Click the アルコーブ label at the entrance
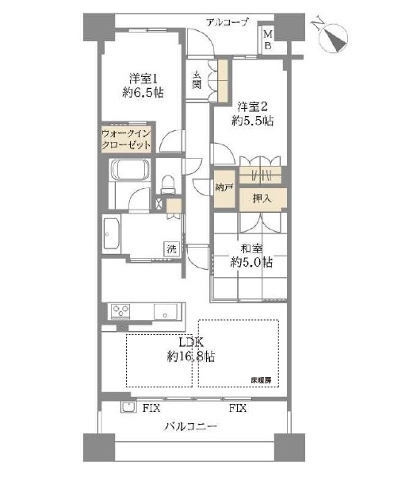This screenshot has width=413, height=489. (x=227, y=22)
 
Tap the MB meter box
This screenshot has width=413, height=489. (x=268, y=39)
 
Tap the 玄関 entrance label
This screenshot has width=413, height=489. (x=196, y=79)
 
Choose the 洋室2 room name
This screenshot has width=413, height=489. (x=252, y=106)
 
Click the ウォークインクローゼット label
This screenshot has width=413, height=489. (x=126, y=141)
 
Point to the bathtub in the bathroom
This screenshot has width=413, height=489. (x=130, y=171)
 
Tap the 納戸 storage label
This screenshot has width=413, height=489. (x=224, y=189)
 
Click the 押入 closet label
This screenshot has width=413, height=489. (x=262, y=198)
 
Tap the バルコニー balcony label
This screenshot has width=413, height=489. (x=191, y=426)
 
